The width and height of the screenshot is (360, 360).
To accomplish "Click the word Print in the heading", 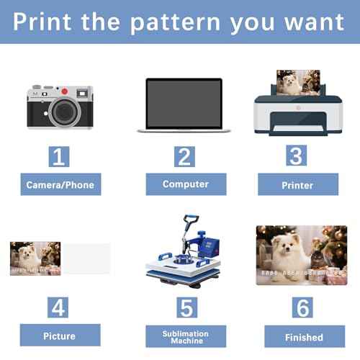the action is point(42,22).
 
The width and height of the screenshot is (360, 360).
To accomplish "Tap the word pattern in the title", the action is point(175,23).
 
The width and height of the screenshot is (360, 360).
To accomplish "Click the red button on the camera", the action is point(64,91).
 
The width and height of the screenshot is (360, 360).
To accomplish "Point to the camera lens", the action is point(65,112).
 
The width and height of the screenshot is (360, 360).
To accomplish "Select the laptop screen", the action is point(184,104).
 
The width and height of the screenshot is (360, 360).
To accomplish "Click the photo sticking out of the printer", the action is point(298,82).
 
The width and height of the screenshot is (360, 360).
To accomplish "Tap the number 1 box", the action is point(59,156).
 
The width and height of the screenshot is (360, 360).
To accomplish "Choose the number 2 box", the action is point(184,156).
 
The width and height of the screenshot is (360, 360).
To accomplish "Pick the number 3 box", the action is point(297,156).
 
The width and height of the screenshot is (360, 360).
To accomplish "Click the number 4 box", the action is point(58,307).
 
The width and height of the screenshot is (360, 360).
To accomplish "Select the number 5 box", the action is point(187,307).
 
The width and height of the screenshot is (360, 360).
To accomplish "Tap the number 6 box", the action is point(302,307).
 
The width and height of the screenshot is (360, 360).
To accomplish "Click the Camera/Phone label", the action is point(60,184).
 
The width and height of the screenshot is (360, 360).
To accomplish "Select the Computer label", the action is point(186,184).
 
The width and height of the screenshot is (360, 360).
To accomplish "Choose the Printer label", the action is point(298,184).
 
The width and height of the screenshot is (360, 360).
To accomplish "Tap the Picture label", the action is point(60,335).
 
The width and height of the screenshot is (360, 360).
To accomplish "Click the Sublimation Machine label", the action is point(186,336).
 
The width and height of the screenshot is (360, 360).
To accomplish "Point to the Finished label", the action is point(305,336).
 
